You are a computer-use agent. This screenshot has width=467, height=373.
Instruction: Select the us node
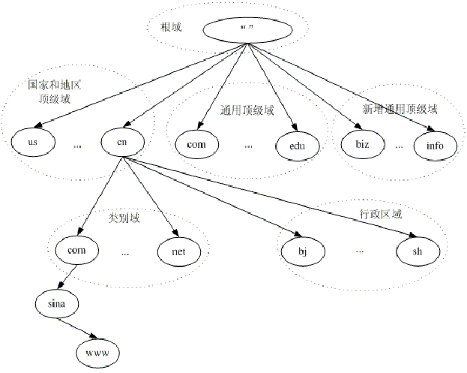coord(32,141)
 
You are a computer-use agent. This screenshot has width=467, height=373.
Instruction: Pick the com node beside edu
coord(196,142)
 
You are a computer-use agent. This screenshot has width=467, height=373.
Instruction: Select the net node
coord(178,251)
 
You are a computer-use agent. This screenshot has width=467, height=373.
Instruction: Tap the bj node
coord(302,251)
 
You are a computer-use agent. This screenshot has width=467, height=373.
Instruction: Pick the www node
coord(97,349)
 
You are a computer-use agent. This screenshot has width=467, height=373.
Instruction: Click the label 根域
coord(172,28)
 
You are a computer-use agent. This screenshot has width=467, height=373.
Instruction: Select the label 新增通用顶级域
coord(400,110)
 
